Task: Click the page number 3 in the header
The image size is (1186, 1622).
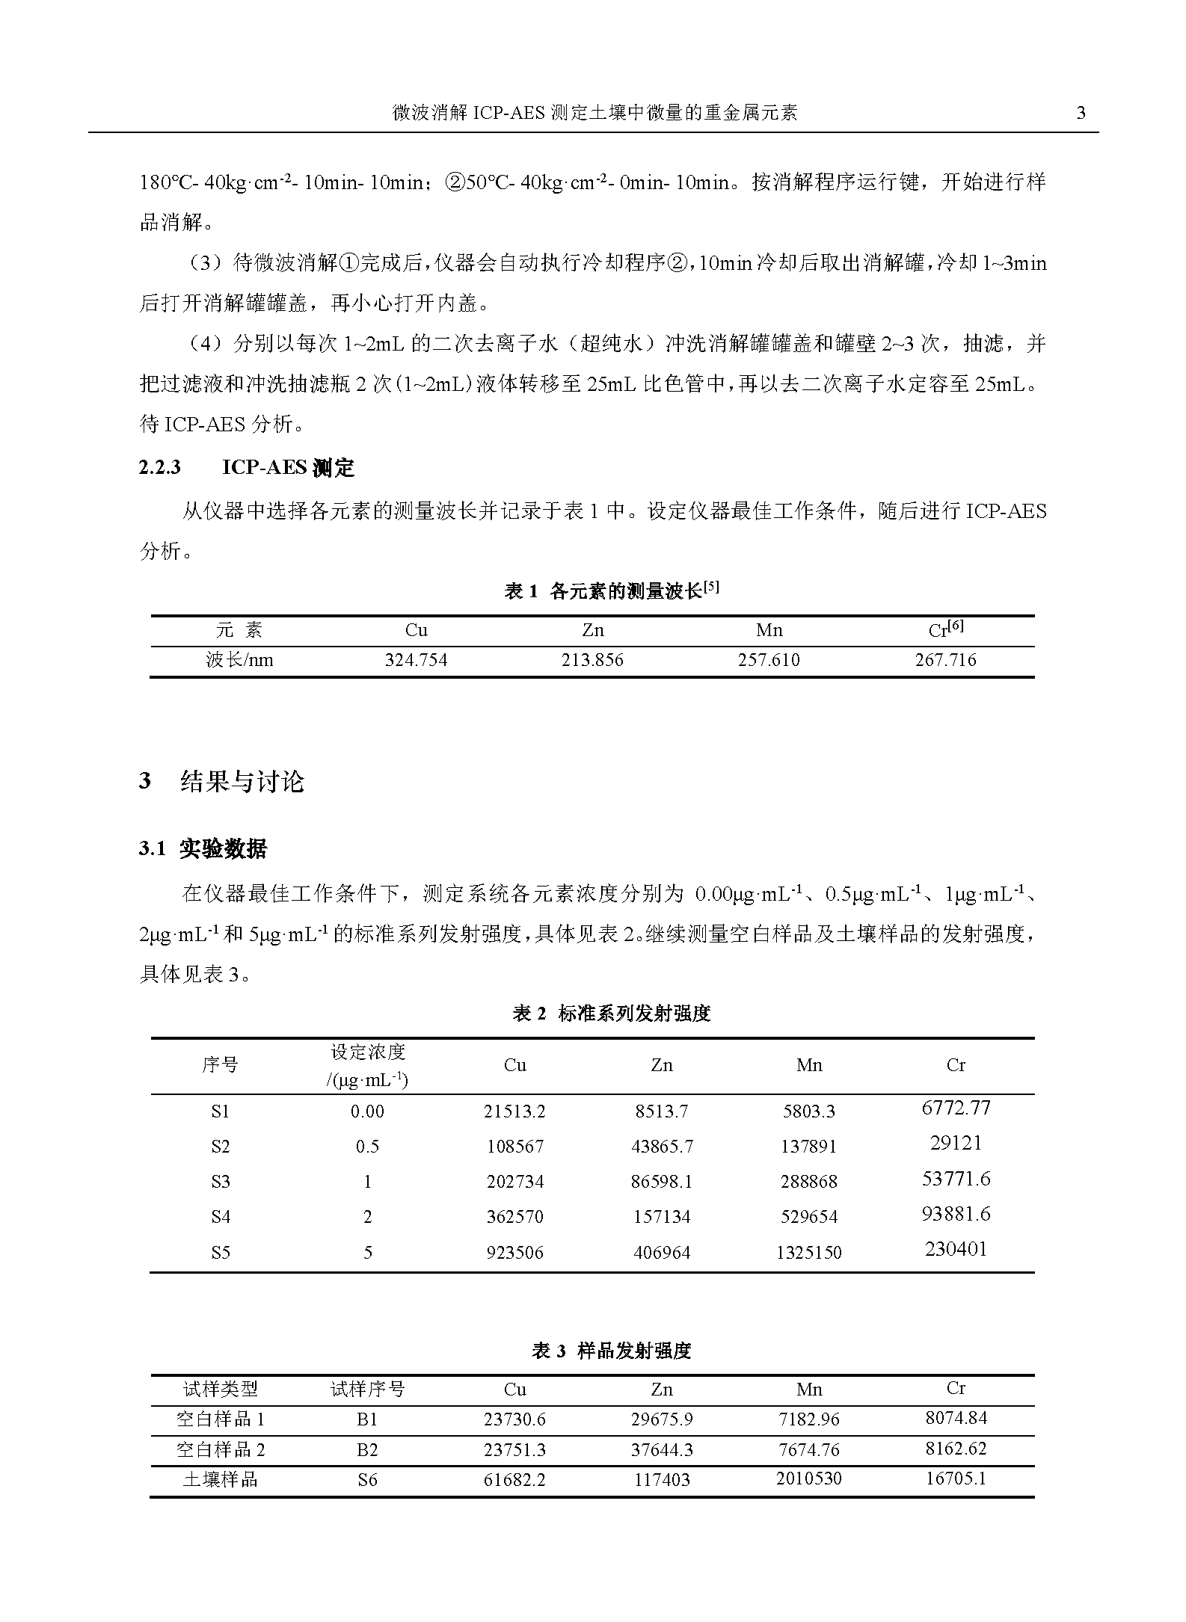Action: coord(1081,114)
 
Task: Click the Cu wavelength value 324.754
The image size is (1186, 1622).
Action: coord(416,661)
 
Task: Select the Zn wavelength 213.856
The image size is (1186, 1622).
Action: coord(592,661)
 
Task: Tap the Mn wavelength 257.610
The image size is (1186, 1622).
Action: coord(769,661)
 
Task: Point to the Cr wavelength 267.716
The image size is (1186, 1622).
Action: coord(945,661)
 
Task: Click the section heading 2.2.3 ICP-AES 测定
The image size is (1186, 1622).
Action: coord(247,468)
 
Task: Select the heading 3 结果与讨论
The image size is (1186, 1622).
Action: coord(222,782)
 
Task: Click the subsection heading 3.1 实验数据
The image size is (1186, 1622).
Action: coord(203,849)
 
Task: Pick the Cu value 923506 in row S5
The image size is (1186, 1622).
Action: coord(514,1253)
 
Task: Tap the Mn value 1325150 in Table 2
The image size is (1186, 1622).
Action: coord(809,1253)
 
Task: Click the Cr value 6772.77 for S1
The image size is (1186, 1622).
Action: coord(956,1108)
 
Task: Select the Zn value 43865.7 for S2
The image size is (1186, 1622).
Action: coord(662,1147)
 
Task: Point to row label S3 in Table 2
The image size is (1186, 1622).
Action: coord(221,1182)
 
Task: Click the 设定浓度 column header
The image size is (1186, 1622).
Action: coord(367,1052)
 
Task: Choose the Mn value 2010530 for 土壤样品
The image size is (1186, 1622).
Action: coord(809,1478)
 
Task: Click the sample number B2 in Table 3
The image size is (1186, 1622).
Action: coord(367,1450)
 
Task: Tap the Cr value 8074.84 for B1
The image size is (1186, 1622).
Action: coord(956,1418)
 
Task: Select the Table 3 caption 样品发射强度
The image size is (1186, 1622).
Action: coord(611,1351)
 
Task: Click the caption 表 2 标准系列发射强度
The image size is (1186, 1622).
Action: coord(611,1014)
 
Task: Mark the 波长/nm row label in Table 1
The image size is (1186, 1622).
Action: coord(239,661)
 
